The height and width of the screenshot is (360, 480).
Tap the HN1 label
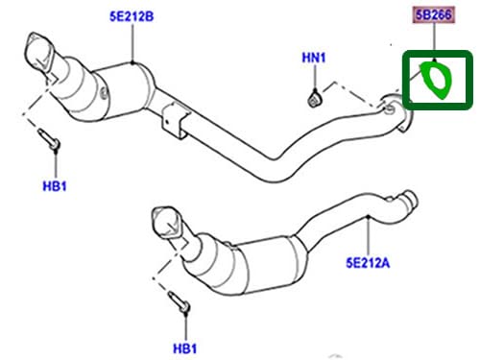click(x=314, y=59)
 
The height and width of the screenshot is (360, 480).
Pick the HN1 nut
click(x=315, y=97)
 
